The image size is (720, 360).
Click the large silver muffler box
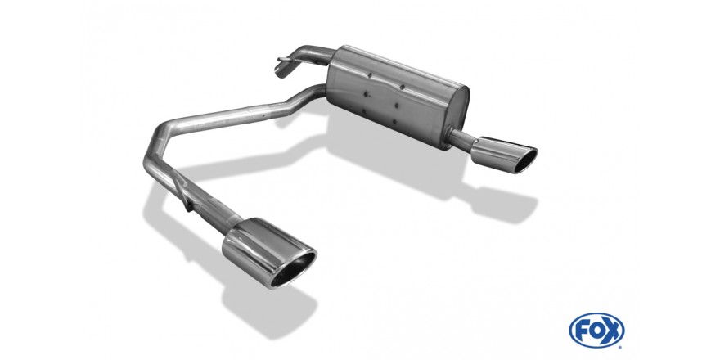pos(398,96)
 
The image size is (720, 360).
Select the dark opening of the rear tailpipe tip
pos(525,160)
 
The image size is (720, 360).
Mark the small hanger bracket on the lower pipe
pos(187,197)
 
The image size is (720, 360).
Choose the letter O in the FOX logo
pos(596,331)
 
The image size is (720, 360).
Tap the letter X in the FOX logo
pos(613,331)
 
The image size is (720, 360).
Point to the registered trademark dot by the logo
pos(622,346)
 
